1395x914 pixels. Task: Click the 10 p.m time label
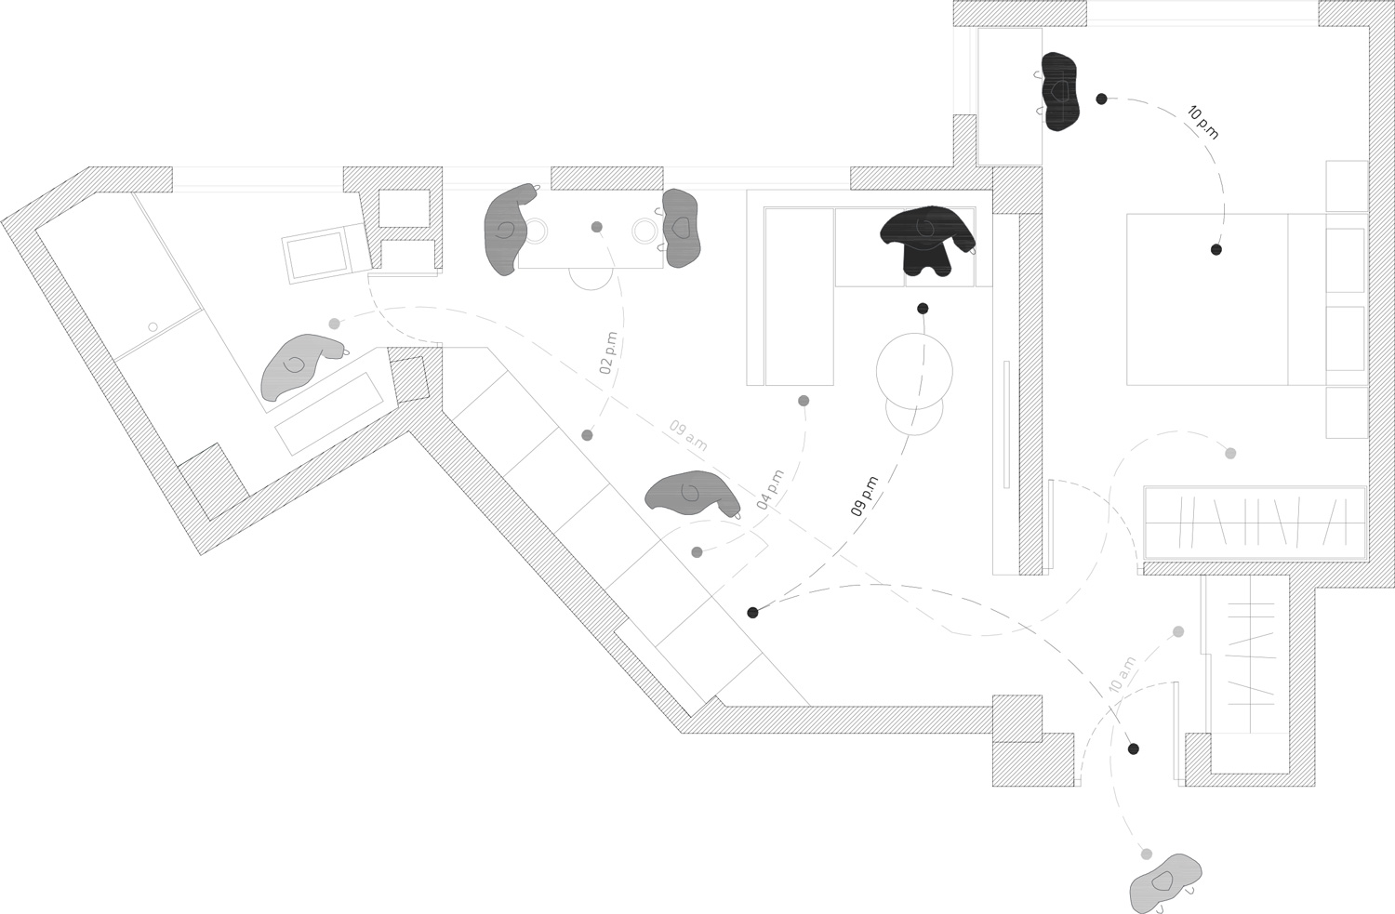click(1202, 123)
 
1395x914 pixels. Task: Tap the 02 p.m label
click(608, 353)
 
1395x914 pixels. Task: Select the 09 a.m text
click(688, 436)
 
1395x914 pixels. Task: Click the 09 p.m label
click(864, 496)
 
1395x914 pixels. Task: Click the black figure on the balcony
click(1060, 91)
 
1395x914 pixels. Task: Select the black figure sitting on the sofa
click(927, 239)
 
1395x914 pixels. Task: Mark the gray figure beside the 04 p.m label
click(690, 493)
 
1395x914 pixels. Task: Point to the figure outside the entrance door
click(1164, 882)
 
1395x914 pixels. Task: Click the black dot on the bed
click(1216, 249)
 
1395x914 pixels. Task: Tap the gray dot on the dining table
click(596, 227)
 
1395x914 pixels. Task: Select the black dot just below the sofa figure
click(923, 309)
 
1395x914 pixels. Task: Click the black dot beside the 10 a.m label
click(1133, 748)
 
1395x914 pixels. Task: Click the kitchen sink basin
click(316, 257)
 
